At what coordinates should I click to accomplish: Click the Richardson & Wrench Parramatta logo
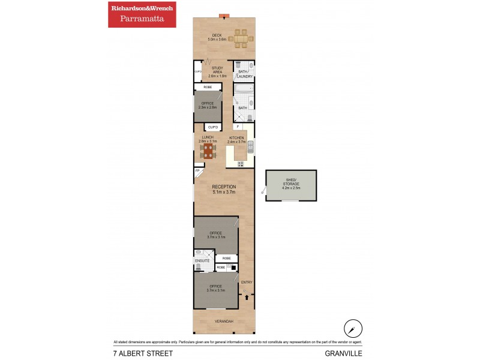142,14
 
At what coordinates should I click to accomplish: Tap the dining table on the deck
241,38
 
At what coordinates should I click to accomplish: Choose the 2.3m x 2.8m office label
207,106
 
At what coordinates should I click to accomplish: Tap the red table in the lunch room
208,151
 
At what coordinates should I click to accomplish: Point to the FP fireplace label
197,172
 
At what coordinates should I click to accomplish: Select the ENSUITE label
202,261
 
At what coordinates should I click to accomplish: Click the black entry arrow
247,296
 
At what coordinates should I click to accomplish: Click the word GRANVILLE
344,353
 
